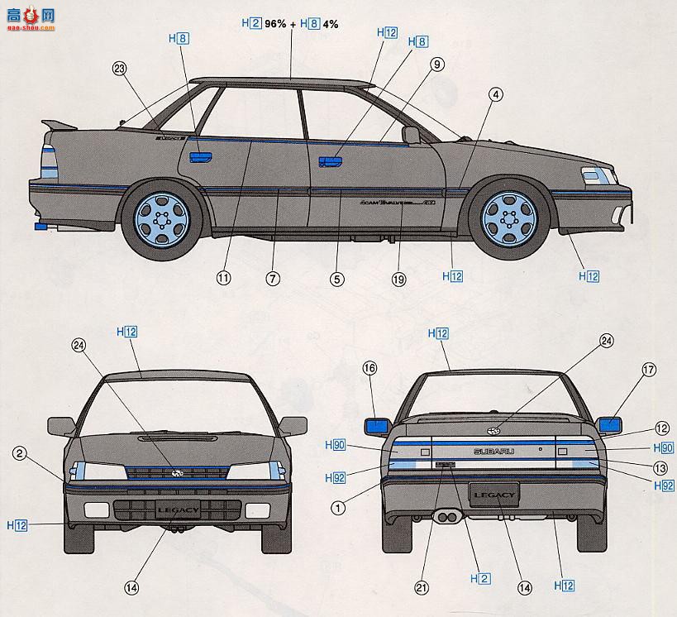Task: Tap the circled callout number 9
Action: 437,63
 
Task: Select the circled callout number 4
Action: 495,94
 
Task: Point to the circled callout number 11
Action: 223,279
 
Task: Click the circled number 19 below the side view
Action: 399,280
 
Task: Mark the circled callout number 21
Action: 422,588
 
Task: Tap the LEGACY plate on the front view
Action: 177,509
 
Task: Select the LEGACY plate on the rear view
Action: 494,496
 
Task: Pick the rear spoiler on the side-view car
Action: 58,126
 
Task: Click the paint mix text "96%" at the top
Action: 277,24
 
